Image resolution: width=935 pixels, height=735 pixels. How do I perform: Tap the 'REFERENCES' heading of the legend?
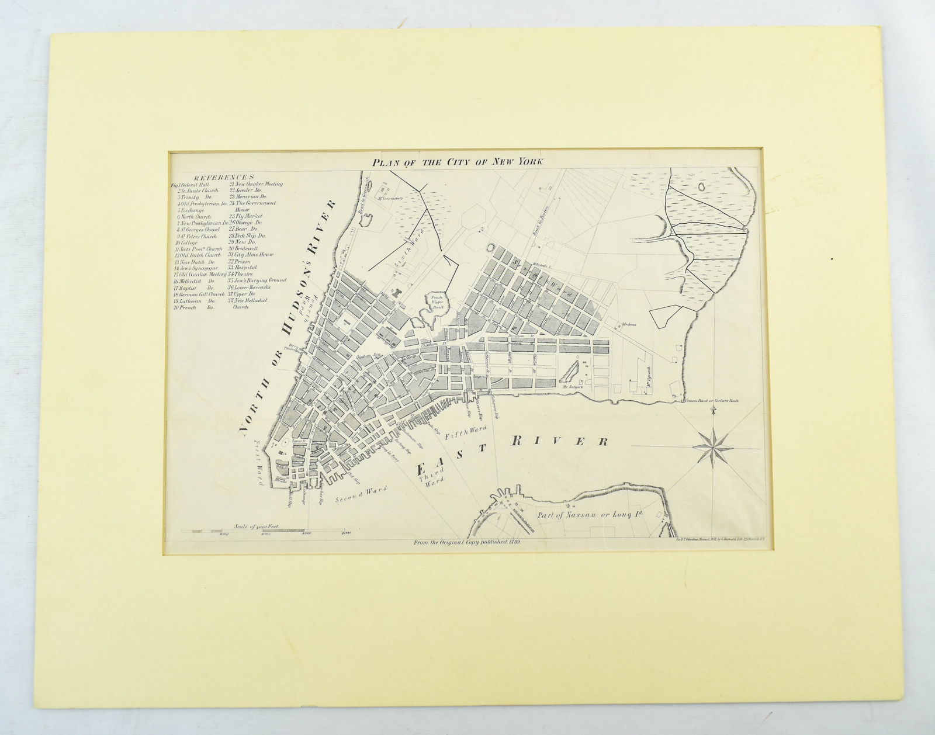click(x=224, y=178)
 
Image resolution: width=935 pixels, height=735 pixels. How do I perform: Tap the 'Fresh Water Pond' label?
click(x=434, y=303)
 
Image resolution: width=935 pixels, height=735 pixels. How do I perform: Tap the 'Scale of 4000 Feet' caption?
click(x=257, y=526)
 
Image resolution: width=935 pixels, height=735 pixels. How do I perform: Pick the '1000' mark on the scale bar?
click(x=223, y=534)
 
